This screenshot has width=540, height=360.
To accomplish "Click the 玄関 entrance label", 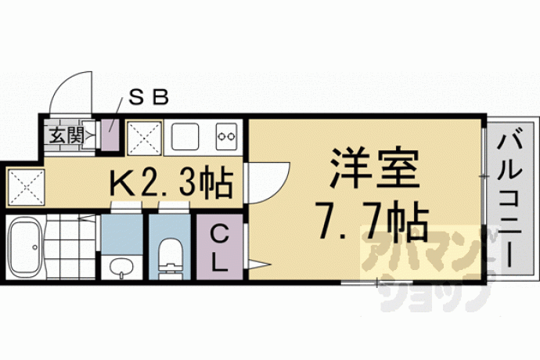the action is coord(67,135).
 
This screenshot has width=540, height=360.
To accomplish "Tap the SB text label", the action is coord(149,98).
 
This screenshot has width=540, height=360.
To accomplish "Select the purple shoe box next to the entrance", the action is coord(110,135).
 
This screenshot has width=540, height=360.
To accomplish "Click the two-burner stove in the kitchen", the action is coord(226,136).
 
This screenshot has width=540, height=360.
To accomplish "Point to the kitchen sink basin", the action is coord(185,136).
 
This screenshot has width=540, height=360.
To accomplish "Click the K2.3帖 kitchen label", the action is coord(171,182).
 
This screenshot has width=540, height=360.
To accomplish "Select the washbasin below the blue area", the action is coord(121,268).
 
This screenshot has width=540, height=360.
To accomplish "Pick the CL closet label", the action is coord(219,248).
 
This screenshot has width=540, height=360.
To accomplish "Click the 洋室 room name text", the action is coord(373,169).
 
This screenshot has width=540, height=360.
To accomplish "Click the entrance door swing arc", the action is coord(62,83).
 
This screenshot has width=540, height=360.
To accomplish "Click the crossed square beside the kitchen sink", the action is coord(144,138).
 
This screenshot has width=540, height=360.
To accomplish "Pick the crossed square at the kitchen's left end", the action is coord(26,187).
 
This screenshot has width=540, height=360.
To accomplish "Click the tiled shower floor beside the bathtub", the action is coord(70,247).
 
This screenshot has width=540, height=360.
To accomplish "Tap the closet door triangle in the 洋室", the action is coord(258,265).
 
